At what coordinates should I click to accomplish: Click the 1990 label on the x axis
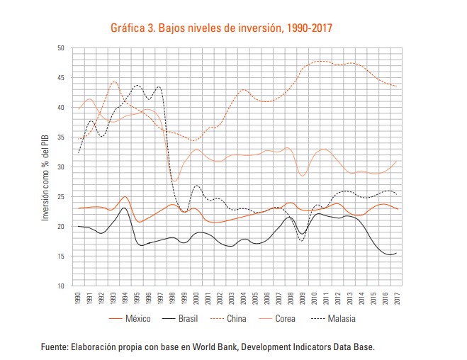point(77,298)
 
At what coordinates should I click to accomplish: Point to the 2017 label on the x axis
point(395,298)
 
